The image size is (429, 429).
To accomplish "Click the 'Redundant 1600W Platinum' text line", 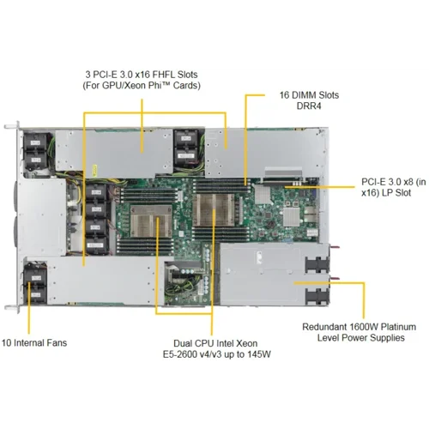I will [364, 326].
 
